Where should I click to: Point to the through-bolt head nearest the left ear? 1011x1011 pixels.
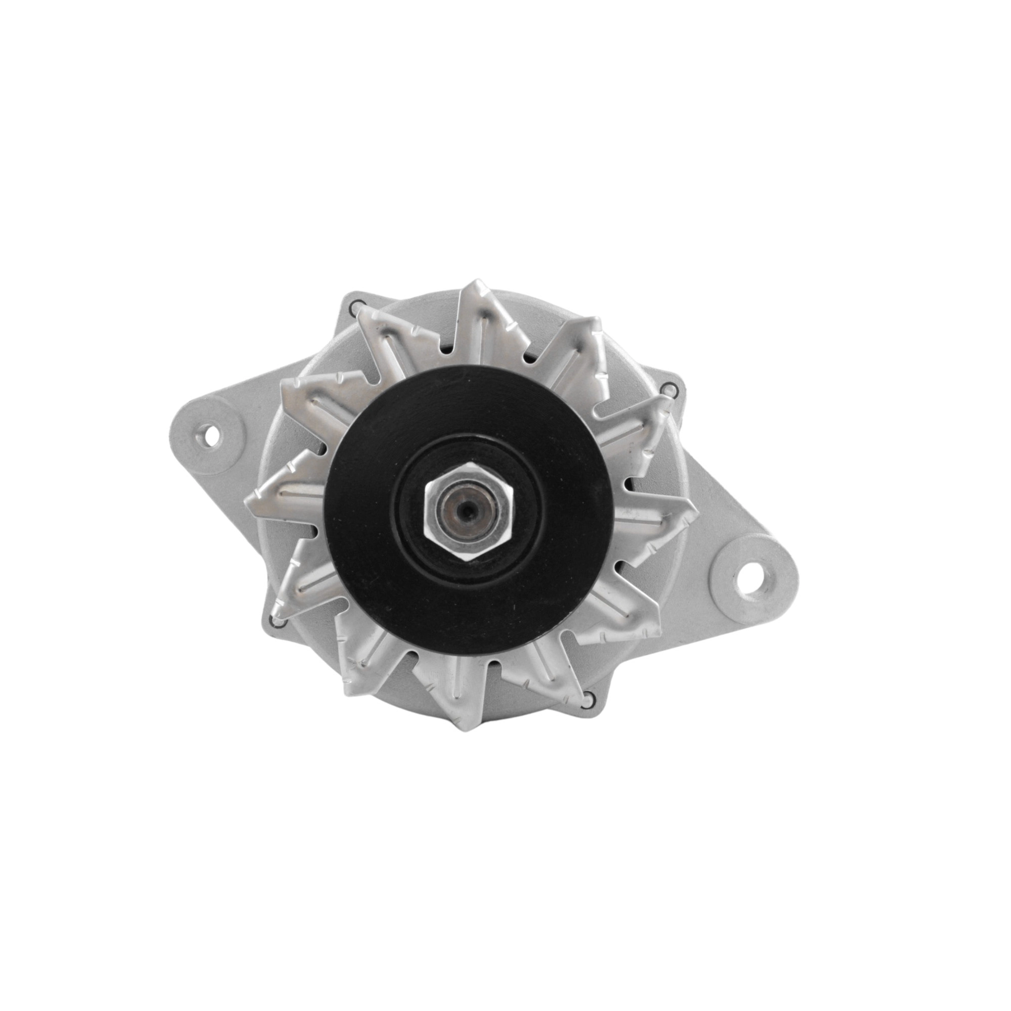pyautogui.click(x=357, y=307)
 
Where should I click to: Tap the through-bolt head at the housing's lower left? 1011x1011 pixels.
pyautogui.click(x=277, y=620)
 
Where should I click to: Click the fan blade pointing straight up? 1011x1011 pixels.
pyautogui.click(x=479, y=319)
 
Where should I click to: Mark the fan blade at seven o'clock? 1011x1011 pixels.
pyautogui.click(x=366, y=659)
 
